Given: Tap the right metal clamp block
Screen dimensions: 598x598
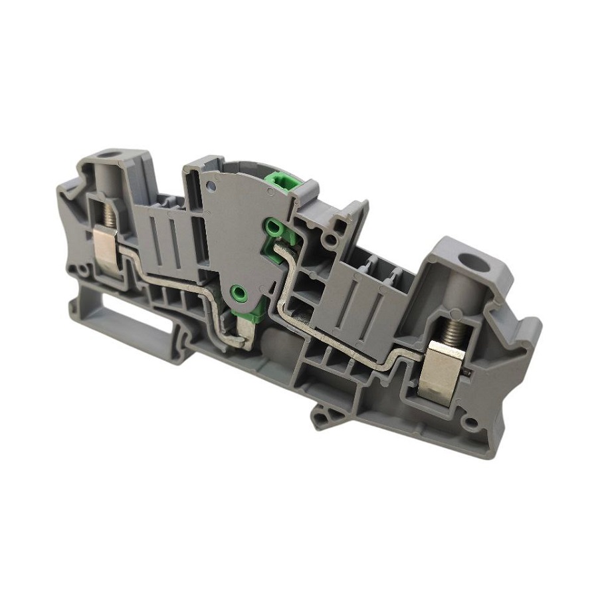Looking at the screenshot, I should [x=443, y=373].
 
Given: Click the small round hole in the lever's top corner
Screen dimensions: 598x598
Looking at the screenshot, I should [x=270, y=193].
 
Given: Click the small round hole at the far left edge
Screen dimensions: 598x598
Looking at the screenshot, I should [x=81, y=271].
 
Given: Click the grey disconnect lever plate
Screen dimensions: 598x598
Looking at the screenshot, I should [x=233, y=233].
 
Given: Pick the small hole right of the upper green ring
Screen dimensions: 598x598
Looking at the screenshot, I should [x=328, y=237].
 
